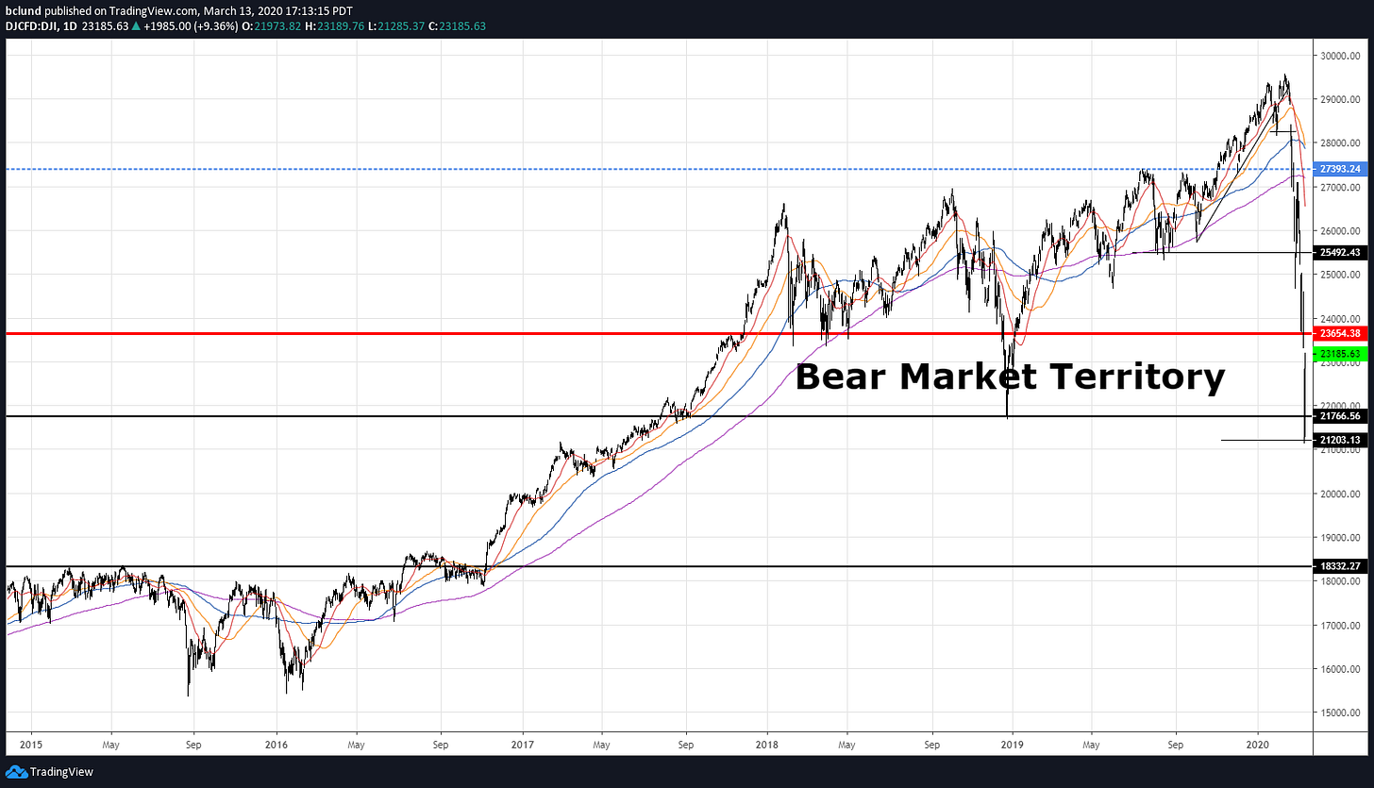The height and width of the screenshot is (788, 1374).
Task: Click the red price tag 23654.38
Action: (1340, 333)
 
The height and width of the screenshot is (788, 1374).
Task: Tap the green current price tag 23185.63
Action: (1340, 354)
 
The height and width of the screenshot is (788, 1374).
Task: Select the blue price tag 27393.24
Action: (1340, 169)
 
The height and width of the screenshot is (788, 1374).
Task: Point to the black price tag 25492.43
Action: (1340, 253)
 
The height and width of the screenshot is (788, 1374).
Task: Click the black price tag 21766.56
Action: (1340, 416)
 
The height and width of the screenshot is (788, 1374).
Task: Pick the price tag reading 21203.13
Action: (1340, 440)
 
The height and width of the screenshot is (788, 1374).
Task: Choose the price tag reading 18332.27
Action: (1340, 566)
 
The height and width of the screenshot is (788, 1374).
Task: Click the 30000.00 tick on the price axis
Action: (1340, 56)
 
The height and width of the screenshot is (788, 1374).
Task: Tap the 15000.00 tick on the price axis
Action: (1340, 713)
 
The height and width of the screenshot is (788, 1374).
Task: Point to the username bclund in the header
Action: (23, 9)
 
